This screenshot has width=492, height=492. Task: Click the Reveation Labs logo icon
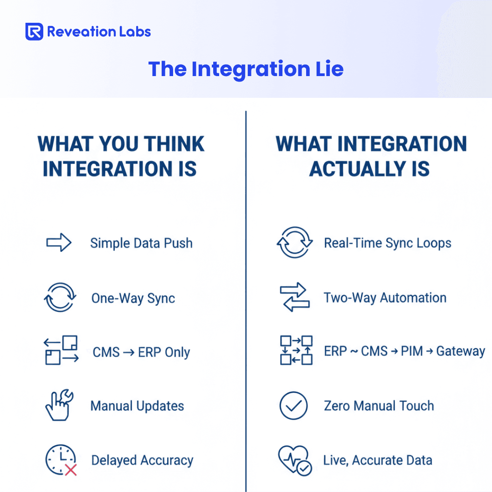[x=34, y=32]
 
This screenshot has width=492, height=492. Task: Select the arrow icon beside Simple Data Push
[x=59, y=242]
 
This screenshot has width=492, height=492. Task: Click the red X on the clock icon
[x=71, y=470]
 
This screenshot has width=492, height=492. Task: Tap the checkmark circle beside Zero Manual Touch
[x=293, y=405]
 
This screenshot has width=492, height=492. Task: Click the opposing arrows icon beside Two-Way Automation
[x=295, y=297]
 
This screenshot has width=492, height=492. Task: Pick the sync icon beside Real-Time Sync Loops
[x=295, y=242]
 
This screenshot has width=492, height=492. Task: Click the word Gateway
[x=461, y=351]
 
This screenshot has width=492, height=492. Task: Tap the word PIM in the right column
[x=412, y=351]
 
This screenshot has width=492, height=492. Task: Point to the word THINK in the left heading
[x=175, y=144]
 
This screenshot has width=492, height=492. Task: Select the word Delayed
[x=114, y=461]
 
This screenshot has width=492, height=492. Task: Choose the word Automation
[x=413, y=298]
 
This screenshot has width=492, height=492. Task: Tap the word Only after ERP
[x=177, y=352]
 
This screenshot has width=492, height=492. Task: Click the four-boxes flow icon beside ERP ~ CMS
[x=296, y=350]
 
